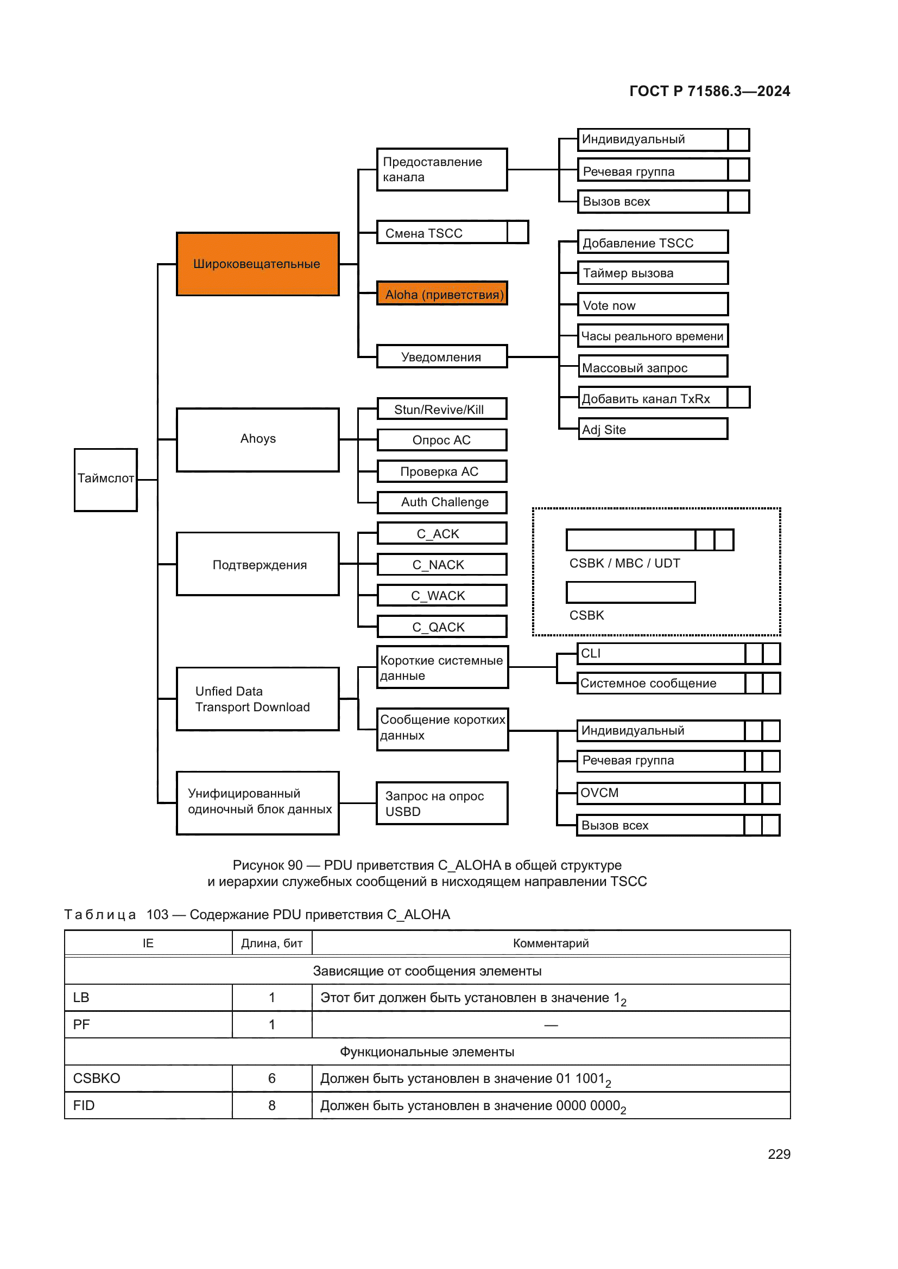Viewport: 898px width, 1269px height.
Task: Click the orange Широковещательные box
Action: [x=258, y=264]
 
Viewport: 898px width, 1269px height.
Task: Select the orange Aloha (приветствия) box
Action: [x=442, y=294]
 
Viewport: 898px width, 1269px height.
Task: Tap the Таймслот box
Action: [x=106, y=480]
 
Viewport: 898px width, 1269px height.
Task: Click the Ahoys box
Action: [x=258, y=440]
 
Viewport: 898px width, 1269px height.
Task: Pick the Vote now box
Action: [x=653, y=305]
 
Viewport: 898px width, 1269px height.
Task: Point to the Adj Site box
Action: [x=653, y=430]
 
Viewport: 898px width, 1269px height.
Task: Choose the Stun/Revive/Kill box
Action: [x=442, y=410]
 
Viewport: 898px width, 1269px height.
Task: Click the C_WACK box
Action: [x=442, y=596]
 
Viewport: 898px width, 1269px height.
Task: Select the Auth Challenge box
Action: [x=442, y=502]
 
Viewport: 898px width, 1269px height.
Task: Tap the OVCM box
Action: [x=661, y=793]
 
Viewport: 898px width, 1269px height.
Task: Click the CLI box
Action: [x=661, y=653]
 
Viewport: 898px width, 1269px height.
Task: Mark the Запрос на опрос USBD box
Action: [x=442, y=804]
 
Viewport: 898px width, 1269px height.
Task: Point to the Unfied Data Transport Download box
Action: [x=258, y=699]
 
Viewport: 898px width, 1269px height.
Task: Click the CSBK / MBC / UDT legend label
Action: [x=624, y=563]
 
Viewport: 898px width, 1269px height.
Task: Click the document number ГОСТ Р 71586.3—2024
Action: [x=710, y=91]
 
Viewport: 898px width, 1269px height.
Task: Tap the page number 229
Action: [x=779, y=1154]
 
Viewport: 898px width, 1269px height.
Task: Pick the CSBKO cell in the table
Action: [x=97, y=1079]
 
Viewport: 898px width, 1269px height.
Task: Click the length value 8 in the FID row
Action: [x=271, y=1105]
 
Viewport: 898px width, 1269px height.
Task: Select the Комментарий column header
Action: [x=551, y=943]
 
